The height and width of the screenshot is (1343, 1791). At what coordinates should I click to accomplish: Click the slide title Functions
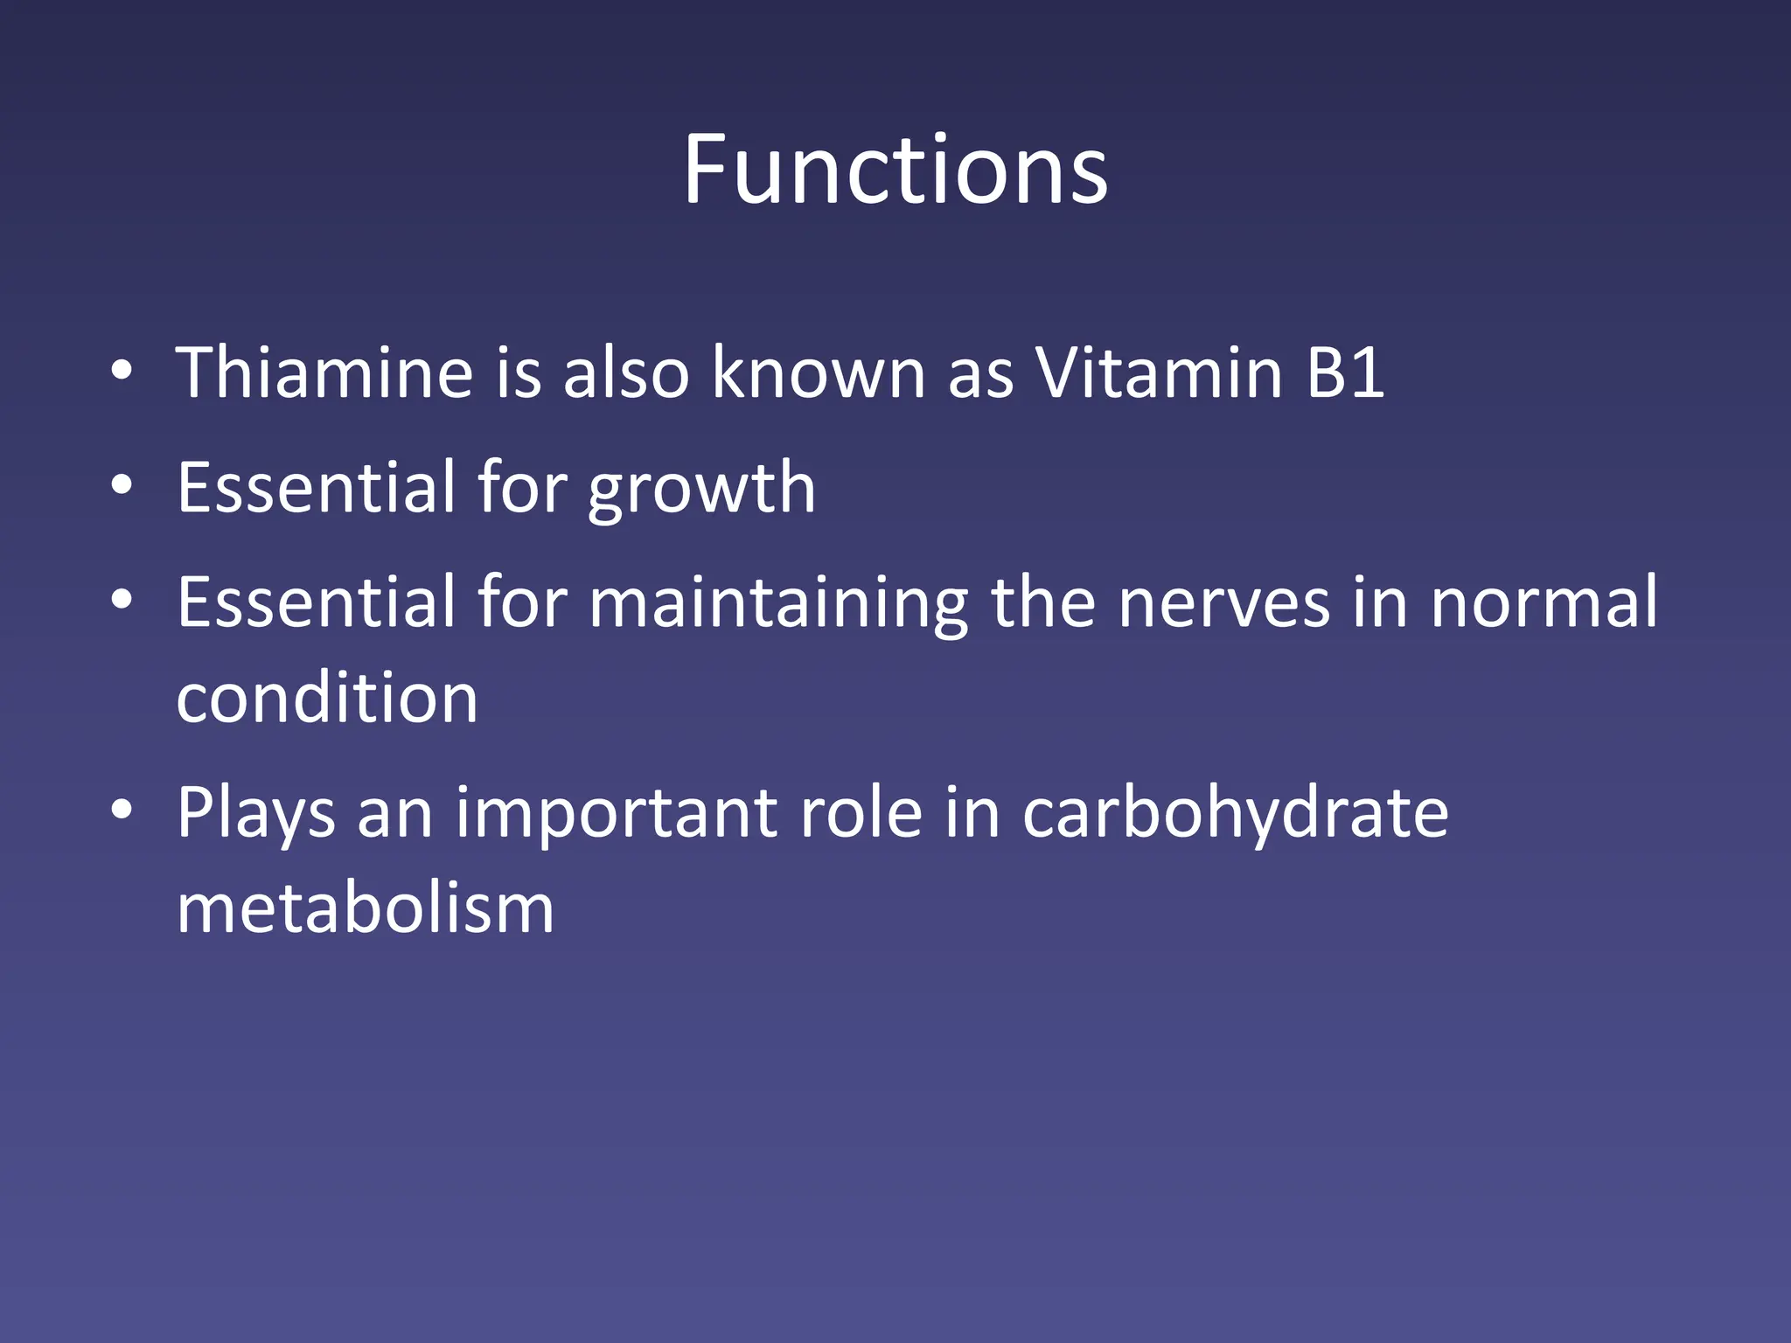pos(895,170)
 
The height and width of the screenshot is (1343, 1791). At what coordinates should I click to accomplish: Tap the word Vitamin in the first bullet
pos(1160,373)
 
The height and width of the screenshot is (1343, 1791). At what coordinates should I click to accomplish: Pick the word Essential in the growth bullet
pos(316,488)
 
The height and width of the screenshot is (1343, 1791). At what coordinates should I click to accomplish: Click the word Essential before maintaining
pos(316,602)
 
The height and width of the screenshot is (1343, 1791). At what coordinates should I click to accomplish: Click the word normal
pos(1544,602)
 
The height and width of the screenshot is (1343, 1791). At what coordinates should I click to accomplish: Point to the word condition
pos(327,699)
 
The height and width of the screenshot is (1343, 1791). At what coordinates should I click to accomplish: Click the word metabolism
pos(366,908)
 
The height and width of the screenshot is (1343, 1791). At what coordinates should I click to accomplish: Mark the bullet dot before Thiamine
pos(122,372)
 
